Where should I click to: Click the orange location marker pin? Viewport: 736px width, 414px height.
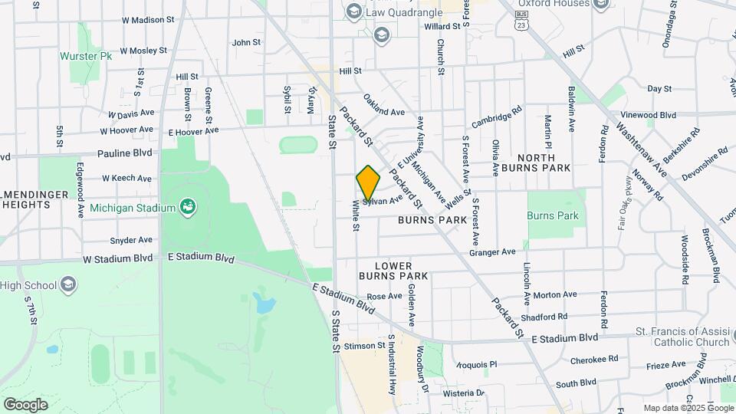[x=368, y=182]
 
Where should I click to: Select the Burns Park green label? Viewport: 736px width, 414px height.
[x=553, y=215]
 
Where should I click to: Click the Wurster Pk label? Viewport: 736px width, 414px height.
[x=81, y=56]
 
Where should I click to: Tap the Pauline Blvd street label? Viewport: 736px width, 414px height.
[x=125, y=153]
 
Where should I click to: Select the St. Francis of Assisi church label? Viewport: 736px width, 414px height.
[x=682, y=337]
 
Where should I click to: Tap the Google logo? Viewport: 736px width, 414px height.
[x=25, y=404]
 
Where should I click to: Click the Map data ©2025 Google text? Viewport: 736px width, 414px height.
[x=688, y=408]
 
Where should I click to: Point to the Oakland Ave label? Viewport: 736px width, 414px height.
[x=383, y=106]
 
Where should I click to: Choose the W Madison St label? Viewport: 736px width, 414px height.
[x=137, y=20]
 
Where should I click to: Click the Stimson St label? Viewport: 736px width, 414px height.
[x=365, y=346]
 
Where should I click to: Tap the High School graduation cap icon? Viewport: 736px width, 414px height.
[x=68, y=285]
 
